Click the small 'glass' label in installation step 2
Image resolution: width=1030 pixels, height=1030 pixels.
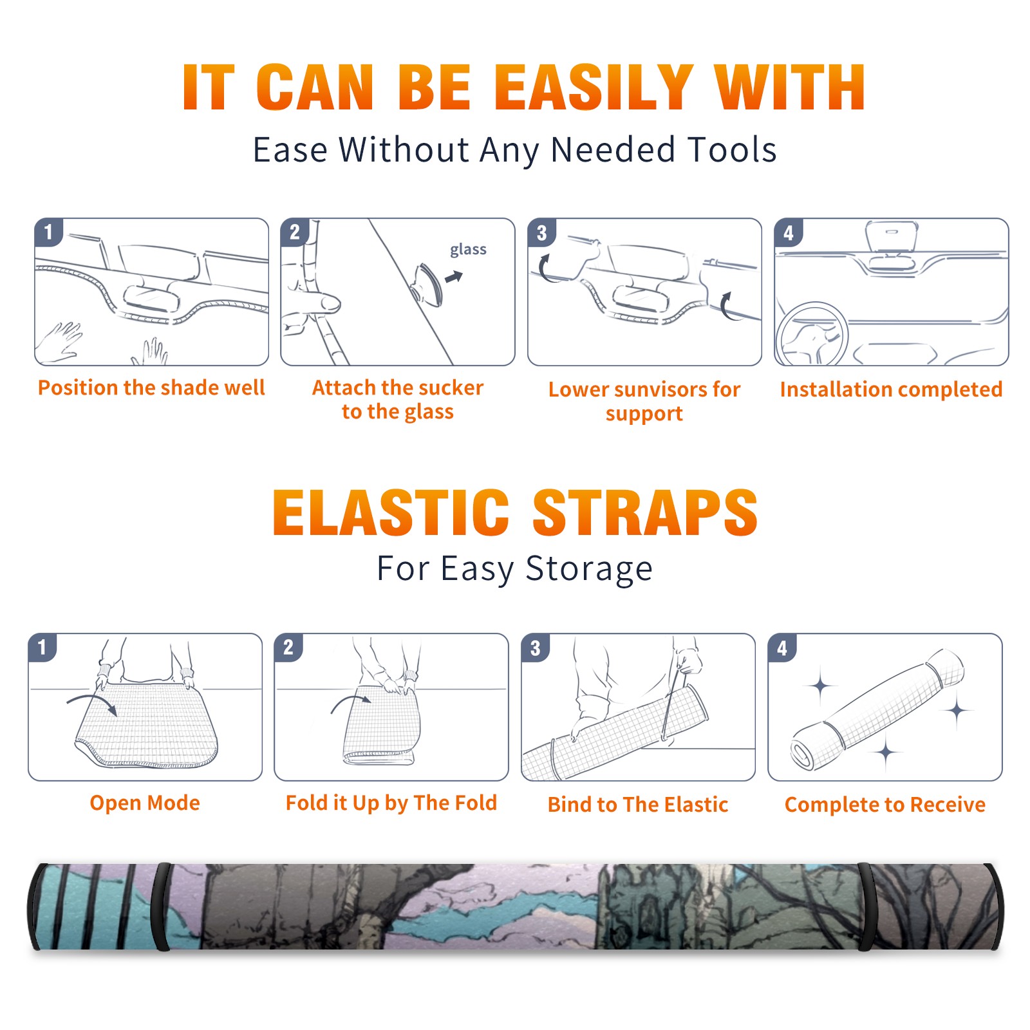pos(468,249)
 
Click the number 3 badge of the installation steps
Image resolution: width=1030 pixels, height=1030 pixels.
pos(541,232)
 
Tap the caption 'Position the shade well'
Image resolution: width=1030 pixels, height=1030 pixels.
pos(151,388)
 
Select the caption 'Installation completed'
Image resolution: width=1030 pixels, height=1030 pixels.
pos(891,389)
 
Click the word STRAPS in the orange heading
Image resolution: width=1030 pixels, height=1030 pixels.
pos(645,512)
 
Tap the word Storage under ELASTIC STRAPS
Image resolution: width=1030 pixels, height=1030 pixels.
pos(589,569)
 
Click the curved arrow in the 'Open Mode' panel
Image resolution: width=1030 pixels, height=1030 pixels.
pos(92,702)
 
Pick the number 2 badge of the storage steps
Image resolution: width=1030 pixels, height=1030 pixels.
pos(288,647)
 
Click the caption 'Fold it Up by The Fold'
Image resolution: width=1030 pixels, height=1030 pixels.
pos(391,803)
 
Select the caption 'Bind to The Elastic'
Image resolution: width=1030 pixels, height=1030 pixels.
pos(638,804)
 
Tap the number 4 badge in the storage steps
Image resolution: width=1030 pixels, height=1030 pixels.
pos(782,648)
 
